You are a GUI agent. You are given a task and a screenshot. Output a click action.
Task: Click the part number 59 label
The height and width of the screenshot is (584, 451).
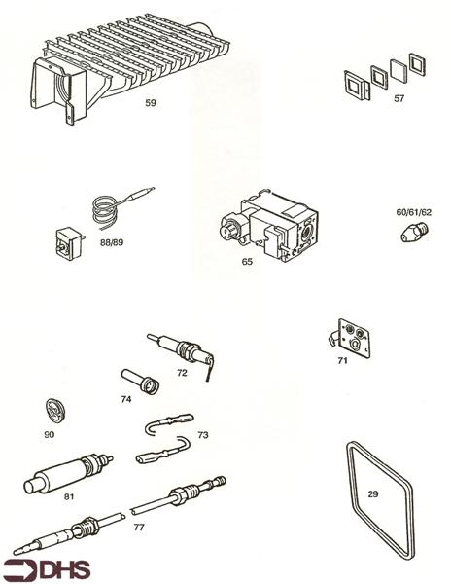pos(150,101)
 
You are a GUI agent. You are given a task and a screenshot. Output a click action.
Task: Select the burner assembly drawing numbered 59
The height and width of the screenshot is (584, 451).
pos(136,58)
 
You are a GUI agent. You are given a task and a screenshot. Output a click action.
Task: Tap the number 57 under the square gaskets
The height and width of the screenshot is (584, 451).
pos(400,99)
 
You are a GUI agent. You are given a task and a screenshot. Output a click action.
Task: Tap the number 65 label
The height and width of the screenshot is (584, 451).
pos(247,261)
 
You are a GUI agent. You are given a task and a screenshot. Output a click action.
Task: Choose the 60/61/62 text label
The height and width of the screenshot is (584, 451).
pos(413,211)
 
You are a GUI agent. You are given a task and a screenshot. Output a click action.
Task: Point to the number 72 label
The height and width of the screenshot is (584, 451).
pos(182,373)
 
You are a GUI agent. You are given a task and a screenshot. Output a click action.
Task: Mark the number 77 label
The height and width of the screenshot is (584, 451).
pos(139,527)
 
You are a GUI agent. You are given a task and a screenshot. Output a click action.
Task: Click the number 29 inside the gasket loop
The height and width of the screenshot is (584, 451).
pos(373,494)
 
